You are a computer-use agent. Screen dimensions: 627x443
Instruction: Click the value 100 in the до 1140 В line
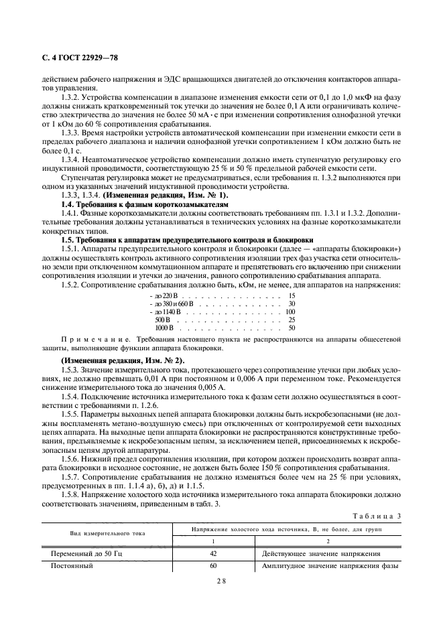pyautogui.click(x=290, y=311)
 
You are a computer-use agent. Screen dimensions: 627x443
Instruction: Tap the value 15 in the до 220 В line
pyautogui.click(x=292, y=295)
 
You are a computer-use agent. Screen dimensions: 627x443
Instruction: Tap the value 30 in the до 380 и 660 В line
pyautogui.click(x=292, y=303)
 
